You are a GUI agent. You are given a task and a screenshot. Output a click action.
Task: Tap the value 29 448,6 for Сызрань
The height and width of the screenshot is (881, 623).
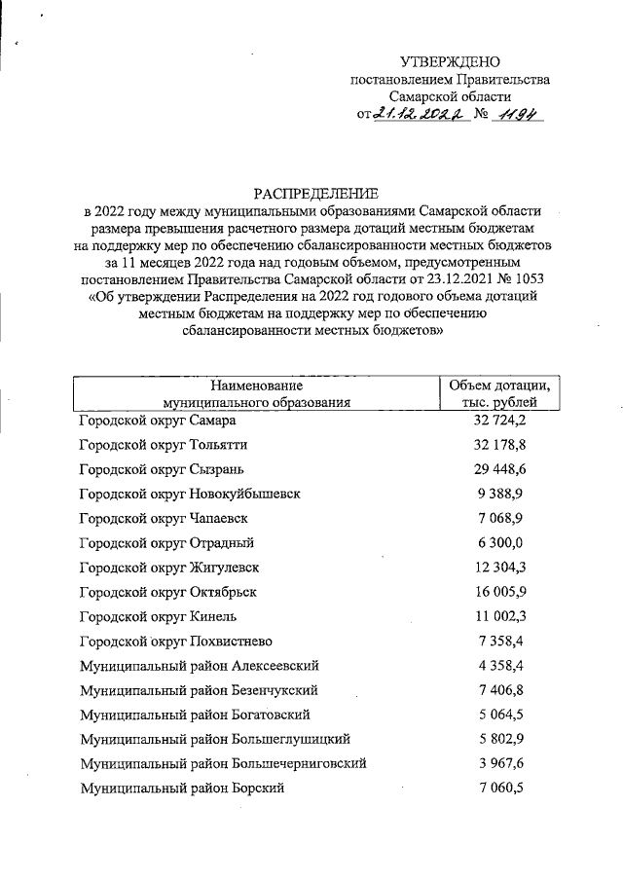tap(499, 469)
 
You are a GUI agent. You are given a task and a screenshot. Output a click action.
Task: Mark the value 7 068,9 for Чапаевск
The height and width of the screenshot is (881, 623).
tap(499, 518)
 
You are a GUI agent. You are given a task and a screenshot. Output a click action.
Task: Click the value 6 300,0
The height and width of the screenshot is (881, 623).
tap(499, 542)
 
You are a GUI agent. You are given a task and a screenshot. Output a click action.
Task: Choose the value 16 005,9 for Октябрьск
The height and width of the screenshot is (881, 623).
tap(499, 592)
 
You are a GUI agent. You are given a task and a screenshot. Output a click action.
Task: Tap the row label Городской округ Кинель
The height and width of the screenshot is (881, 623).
tap(158, 616)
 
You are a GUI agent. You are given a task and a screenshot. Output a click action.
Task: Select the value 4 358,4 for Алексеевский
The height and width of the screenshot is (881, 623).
tap(499, 665)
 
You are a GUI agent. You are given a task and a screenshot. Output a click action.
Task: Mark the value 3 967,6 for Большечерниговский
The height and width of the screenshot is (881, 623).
tap(499, 763)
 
